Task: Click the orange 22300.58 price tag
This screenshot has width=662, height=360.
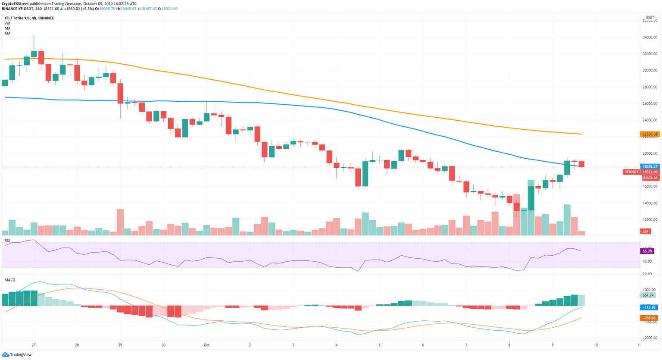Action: point(650,134)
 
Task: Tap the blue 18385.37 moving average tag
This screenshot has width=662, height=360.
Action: point(650,166)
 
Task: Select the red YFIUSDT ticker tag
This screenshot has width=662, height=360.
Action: point(631,172)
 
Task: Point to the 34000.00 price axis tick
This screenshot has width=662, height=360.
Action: point(650,37)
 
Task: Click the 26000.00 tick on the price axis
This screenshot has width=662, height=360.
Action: point(650,103)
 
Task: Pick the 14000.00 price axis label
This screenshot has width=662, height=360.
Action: point(650,203)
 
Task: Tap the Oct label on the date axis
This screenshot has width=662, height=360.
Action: point(206,345)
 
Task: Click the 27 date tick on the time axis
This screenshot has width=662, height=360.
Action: point(34,345)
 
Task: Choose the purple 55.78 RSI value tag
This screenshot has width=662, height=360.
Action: point(648,251)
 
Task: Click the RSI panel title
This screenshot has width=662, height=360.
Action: point(7,241)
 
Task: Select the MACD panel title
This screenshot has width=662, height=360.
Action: point(10,280)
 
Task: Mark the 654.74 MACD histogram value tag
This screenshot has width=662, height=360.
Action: point(648,295)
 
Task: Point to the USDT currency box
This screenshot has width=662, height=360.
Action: point(650,18)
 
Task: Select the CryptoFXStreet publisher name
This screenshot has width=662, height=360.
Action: point(15,3)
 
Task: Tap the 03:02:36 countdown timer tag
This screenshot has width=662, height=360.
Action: point(650,178)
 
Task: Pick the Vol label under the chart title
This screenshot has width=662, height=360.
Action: point(7,23)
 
